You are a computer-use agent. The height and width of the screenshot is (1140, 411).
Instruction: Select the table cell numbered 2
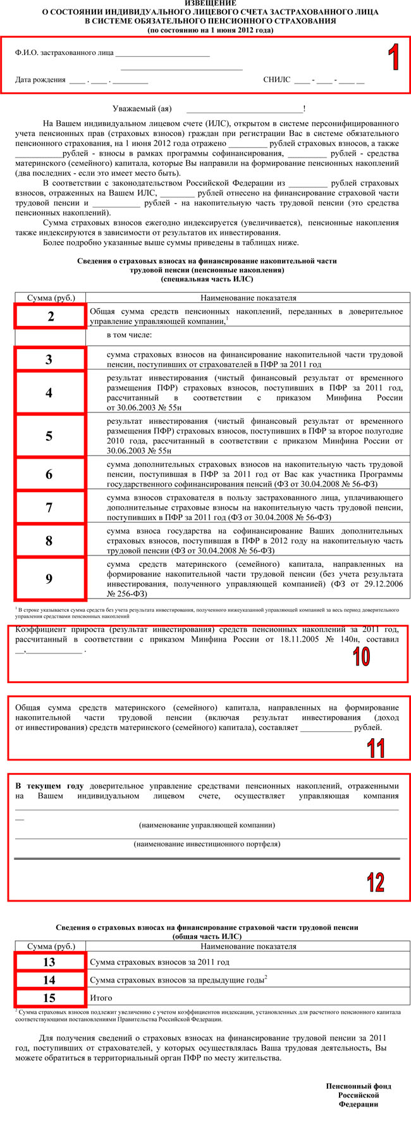(x=51, y=316)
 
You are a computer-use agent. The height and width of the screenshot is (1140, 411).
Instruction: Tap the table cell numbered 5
(x=49, y=436)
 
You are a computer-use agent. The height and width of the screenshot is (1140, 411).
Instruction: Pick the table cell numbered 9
(x=49, y=578)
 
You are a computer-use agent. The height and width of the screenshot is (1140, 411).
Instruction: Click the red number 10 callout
(x=361, y=657)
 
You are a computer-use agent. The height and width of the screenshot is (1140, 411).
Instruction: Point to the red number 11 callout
(x=376, y=748)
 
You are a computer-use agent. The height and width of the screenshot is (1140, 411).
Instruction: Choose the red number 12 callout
(x=376, y=882)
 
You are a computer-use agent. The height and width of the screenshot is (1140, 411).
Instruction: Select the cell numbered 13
(x=49, y=962)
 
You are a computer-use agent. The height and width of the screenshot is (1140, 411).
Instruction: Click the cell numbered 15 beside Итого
(x=49, y=998)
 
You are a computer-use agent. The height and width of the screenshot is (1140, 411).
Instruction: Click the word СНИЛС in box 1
(x=276, y=80)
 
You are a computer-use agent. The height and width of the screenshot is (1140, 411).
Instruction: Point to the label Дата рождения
(x=40, y=80)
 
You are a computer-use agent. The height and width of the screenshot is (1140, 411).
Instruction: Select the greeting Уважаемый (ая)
(x=142, y=109)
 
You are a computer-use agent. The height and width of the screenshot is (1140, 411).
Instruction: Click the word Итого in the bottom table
(x=101, y=998)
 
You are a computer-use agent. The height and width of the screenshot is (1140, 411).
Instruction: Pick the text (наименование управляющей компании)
(x=207, y=825)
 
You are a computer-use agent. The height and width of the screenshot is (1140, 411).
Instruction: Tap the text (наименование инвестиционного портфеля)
(x=207, y=844)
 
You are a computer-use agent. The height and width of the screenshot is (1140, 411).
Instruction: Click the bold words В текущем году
(x=49, y=786)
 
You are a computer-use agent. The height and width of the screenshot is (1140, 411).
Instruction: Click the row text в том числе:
(x=129, y=335)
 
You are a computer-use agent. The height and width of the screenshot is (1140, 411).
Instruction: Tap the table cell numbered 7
(x=49, y=507)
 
